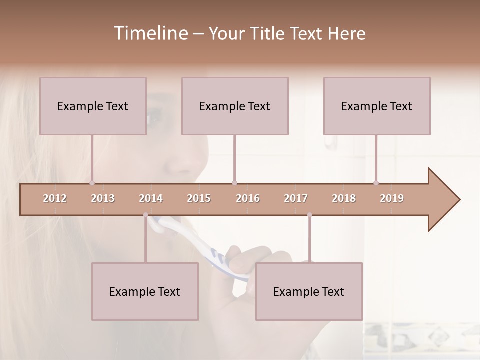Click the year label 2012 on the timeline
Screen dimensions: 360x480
(x=55, y=198)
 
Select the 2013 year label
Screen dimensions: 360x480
(x=103, y=198)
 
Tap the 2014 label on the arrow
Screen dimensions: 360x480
(x=151, y=198)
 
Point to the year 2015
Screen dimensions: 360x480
(x=199, y=198)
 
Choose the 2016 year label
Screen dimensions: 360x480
(x=248, y=198)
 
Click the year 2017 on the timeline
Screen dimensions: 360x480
(x=296, y=198)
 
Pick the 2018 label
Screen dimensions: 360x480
(x=344, y=198)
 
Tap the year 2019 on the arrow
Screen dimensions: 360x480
(x=392, y=198)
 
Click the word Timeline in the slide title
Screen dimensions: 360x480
(x=150, y=33)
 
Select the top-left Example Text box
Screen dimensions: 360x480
(x=93, y=106)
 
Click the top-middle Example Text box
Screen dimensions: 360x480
(x=235, y=106)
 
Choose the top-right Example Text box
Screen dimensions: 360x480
(x=377, y=106)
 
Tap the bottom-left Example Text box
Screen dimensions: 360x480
(x=145, y=291)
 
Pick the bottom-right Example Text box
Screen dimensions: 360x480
(x=309, y=291)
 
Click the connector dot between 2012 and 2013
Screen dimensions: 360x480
(x=92, y=183)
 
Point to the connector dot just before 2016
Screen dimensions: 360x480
(x=234, y=183)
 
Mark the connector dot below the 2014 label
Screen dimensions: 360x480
(x=146, y=215)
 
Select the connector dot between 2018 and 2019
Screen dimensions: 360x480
(x=376, y=183)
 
